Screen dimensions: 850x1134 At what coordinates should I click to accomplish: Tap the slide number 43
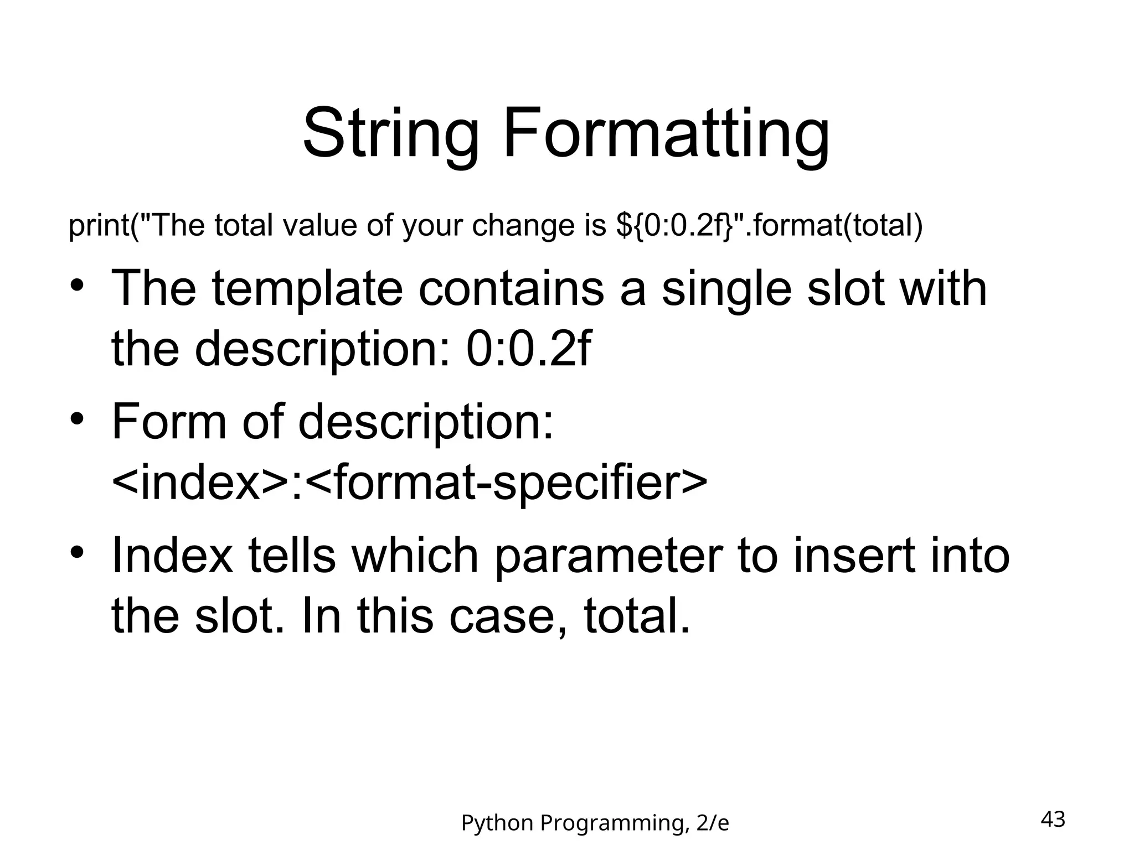pyautogui.click(x=1053, y=818)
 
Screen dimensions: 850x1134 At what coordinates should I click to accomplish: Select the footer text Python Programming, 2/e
pyautogui.click(x=595, y=823)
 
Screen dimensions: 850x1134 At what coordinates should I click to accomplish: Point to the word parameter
pyautogui.click(x=608, y=556)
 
